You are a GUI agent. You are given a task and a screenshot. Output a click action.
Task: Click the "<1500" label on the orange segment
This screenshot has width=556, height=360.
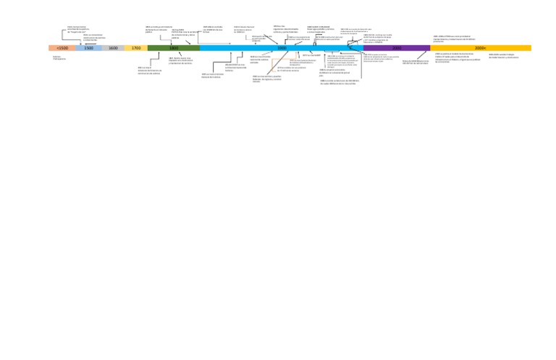(x=62, y=48)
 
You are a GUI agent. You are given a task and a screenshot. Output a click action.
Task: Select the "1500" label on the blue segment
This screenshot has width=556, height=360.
(x=88, y=48)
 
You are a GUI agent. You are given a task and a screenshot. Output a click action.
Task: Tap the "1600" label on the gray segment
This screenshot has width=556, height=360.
(x=113, y=48)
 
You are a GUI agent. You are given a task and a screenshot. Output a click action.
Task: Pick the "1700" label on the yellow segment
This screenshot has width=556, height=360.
(x=136, y=48)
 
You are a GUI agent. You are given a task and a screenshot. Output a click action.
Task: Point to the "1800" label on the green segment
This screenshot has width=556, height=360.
(x=174, y=48)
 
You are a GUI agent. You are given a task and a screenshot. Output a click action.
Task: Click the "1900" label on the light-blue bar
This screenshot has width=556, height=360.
(x=282, y=48)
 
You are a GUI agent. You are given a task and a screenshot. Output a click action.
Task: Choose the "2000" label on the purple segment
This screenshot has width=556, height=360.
(x=397, y=48)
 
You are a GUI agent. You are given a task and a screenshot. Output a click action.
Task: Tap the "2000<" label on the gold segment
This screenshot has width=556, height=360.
(x=480, y=48)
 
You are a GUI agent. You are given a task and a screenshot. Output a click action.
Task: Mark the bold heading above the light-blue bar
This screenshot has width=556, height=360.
(x=319, y=25)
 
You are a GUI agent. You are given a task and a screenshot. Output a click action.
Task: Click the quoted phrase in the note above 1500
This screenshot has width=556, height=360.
(x=78, y=32)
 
